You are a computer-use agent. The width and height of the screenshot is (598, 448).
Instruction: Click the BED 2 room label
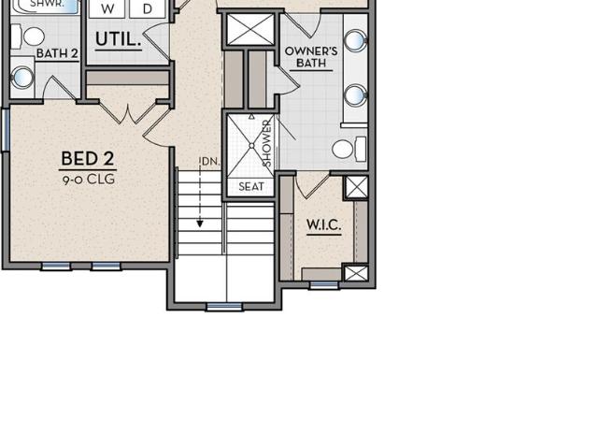(x=88, y=158)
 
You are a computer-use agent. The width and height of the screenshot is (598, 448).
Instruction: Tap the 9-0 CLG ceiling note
(x=89, y=179)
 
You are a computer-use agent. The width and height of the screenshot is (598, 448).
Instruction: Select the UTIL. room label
(x=118, y=39)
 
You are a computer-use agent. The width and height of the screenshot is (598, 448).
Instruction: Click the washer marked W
(x=107, y=8)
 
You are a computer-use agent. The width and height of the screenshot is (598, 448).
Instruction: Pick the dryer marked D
(x=148, y=8)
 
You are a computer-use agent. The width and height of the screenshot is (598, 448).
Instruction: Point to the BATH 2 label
(x=58, y=53)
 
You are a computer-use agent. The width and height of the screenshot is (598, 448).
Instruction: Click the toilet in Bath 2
(x=28, y=36)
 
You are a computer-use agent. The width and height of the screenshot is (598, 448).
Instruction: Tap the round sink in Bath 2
(x=22, y=78)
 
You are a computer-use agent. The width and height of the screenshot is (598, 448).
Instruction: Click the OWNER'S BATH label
(x=311, y=57)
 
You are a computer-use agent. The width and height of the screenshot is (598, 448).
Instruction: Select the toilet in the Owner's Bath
(x=349, y=149)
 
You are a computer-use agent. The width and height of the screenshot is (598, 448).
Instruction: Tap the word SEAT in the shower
(x=251, y=187)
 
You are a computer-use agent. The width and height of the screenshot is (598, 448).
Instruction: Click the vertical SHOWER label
(x=267, y=143)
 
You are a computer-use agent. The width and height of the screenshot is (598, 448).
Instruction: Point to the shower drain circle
(x=251, y=146)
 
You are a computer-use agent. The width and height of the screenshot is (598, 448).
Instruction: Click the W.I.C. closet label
(x=324, y=224)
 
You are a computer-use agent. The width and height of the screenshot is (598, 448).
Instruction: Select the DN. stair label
(x=210, y=162)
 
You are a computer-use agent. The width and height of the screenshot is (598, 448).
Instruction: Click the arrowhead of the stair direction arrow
(x=199, y=224)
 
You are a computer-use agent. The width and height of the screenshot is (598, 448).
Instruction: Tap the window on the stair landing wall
(x=224, y=307)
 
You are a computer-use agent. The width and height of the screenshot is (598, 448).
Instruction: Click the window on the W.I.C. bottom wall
(x=323, y=284)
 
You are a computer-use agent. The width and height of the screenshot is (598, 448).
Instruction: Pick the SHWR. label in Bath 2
(x=48, y=4)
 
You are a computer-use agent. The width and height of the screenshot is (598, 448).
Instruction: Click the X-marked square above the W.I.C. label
(x=356, y=187)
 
